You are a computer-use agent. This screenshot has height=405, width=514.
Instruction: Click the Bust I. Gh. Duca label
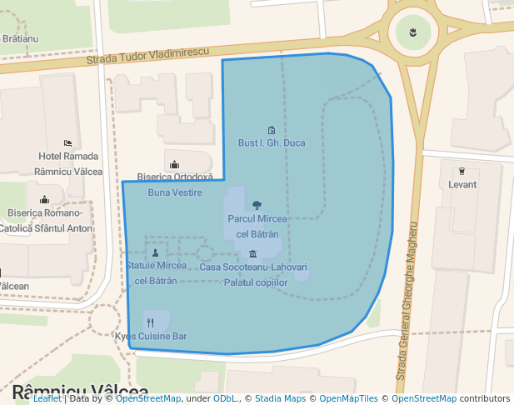[272, 143]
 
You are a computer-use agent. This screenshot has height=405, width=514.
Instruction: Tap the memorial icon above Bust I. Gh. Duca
[272, 130]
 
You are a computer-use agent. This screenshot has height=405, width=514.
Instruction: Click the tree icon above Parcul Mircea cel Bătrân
[257, 205]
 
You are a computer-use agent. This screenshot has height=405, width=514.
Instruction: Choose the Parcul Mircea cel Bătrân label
[257, 227]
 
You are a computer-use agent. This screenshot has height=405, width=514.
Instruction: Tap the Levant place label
[462, 184]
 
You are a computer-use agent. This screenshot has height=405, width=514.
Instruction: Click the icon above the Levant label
[462, 171]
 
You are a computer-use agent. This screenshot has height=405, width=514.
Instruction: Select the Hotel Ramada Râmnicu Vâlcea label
[68, 163]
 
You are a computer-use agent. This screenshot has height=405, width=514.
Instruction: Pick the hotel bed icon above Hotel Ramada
[67, 143]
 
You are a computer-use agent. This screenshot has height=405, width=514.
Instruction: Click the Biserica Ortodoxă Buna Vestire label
[175, 185]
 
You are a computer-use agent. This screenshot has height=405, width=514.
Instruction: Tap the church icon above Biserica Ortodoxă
[175, 164]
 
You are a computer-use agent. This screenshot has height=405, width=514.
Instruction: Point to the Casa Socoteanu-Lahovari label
[253, 275]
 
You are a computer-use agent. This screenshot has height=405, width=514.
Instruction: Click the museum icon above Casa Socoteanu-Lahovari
[252, 254]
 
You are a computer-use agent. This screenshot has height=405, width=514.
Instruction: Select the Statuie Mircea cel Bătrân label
[157, 272]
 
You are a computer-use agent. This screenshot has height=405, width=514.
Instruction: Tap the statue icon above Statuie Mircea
[156, 252]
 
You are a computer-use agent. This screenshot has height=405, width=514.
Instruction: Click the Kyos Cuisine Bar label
[151, 337]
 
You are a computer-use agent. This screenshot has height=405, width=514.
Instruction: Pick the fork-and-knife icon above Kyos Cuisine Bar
[150, 322]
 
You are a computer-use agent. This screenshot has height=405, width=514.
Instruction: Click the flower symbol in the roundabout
[413, 33]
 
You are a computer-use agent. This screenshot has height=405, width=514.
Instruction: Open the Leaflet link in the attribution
[47, 398]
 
